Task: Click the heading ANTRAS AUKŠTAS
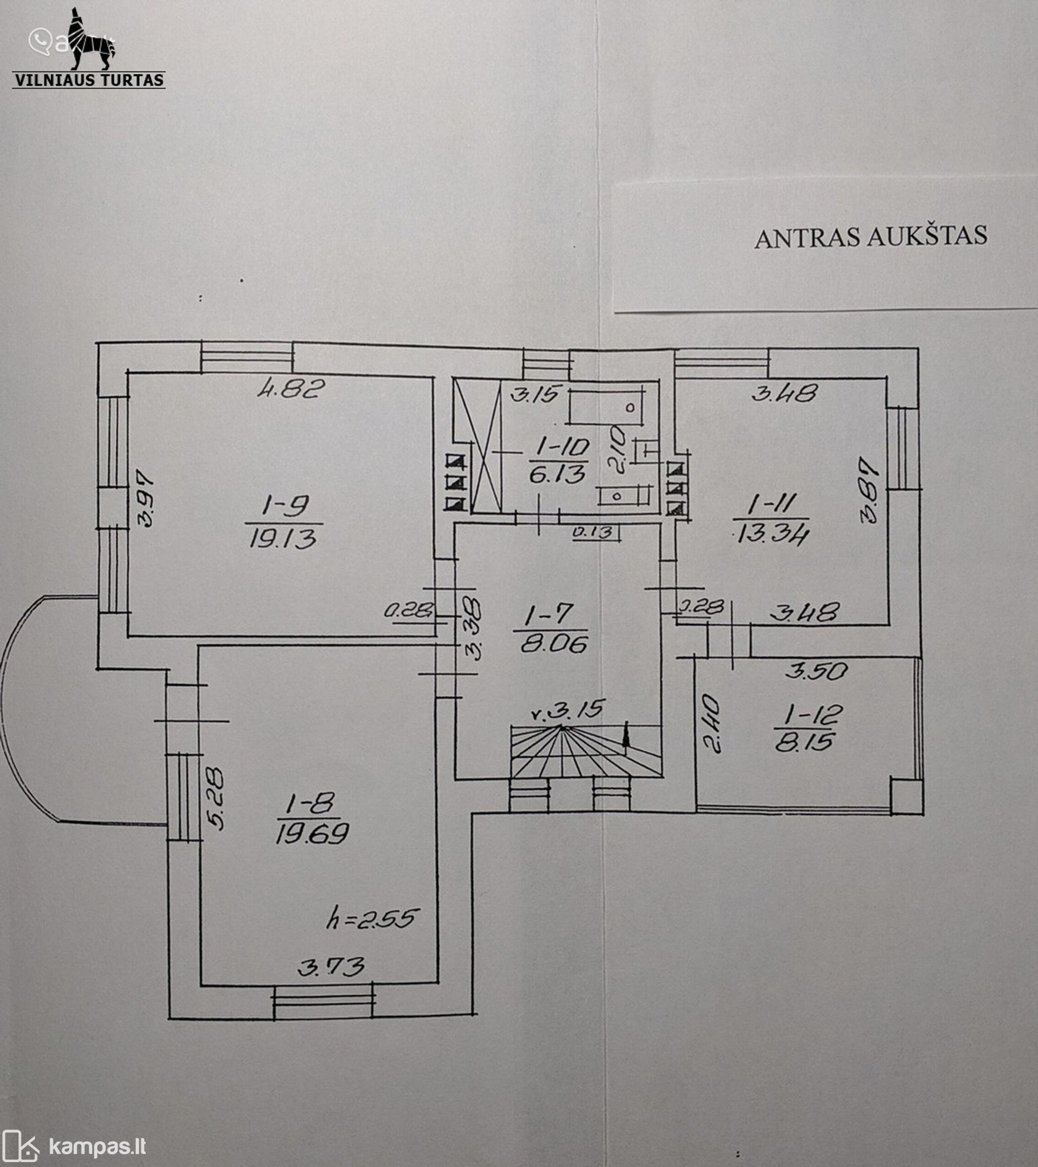coord(870,236)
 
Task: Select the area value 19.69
coord(312,833)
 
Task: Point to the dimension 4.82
coord(289,389)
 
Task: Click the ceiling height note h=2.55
coord(372,919)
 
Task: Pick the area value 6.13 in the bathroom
coord(557,474)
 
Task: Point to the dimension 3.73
coord(331,967)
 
